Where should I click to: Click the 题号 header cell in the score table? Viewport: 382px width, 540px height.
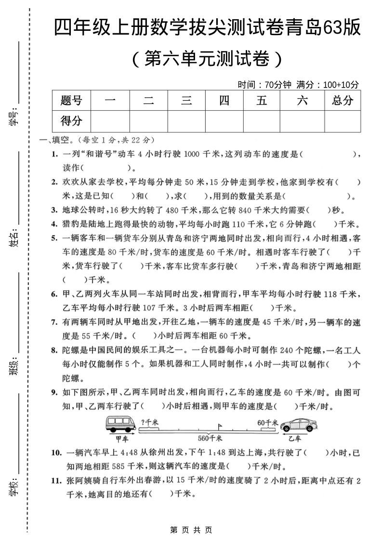71,101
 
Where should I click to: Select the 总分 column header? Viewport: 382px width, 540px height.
342,100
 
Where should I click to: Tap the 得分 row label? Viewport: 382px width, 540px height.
71,121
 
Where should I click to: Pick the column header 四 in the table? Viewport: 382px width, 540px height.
224,101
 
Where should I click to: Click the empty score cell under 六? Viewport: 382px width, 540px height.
302,121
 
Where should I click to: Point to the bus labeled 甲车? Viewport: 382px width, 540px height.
120,424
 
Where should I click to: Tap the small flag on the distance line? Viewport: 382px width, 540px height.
220,426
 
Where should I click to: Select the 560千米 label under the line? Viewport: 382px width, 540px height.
210,438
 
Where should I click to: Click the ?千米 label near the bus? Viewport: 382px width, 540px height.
149,422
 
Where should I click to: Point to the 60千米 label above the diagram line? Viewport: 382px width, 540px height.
268,422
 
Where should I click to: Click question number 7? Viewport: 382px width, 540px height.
54,322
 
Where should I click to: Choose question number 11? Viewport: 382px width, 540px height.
56,480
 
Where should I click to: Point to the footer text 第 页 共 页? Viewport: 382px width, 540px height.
191,530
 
